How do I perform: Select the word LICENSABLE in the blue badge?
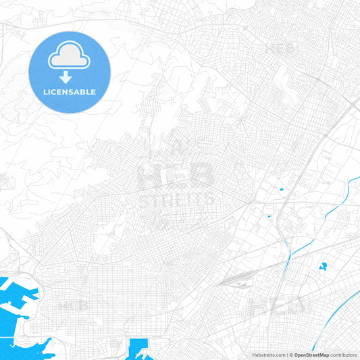coord(69,91)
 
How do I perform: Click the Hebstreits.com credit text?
coord(268,355)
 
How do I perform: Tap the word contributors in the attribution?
coord(344,355)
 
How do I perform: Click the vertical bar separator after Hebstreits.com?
coord(286,355)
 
